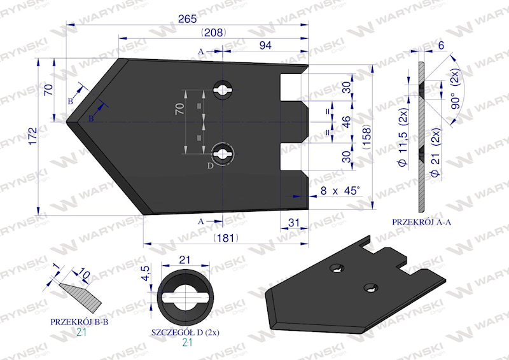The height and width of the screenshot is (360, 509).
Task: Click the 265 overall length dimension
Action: [187, 19]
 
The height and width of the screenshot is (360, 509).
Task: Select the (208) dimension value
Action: [214, 32]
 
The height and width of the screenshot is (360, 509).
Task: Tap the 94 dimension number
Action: [265, 45]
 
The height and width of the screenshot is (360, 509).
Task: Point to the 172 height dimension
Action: [33, 136]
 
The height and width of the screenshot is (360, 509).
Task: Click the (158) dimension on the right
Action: [366, 137]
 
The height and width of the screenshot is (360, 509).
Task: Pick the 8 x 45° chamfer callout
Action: [340, 191]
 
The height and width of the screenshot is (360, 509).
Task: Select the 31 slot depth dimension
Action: [293, 223]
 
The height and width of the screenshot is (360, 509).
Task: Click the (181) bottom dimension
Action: [226, 238]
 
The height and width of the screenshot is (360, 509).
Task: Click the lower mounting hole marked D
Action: [222, 153]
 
